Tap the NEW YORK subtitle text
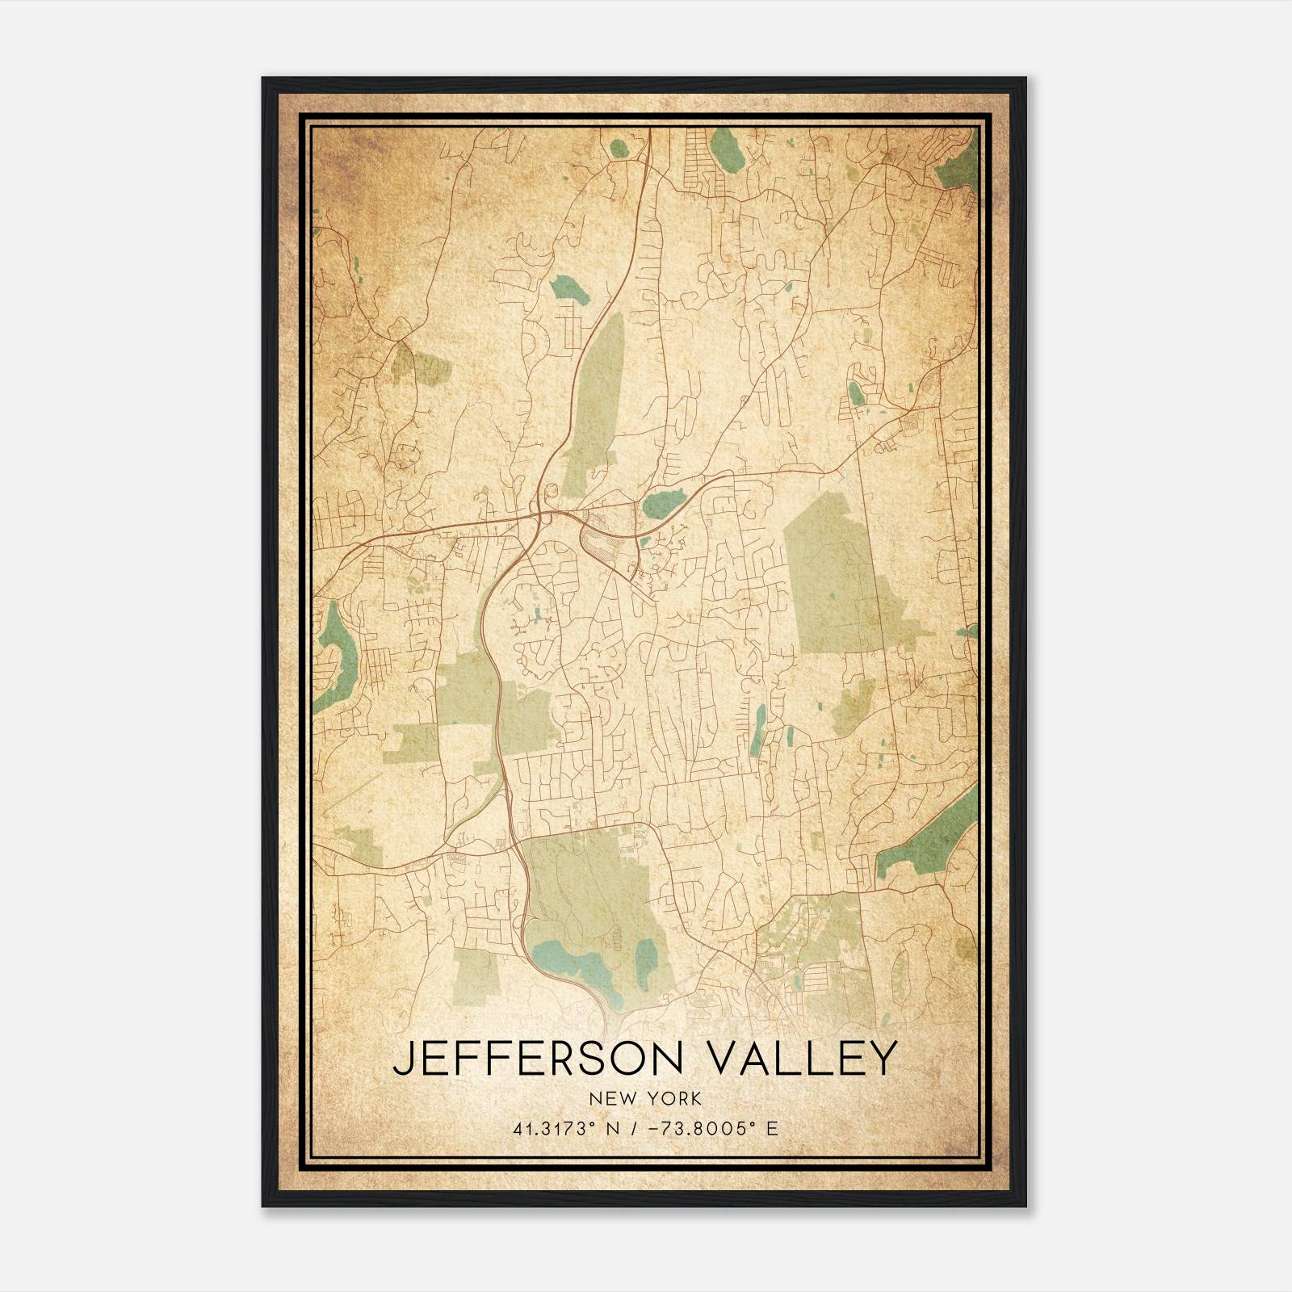[645, 1098]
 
